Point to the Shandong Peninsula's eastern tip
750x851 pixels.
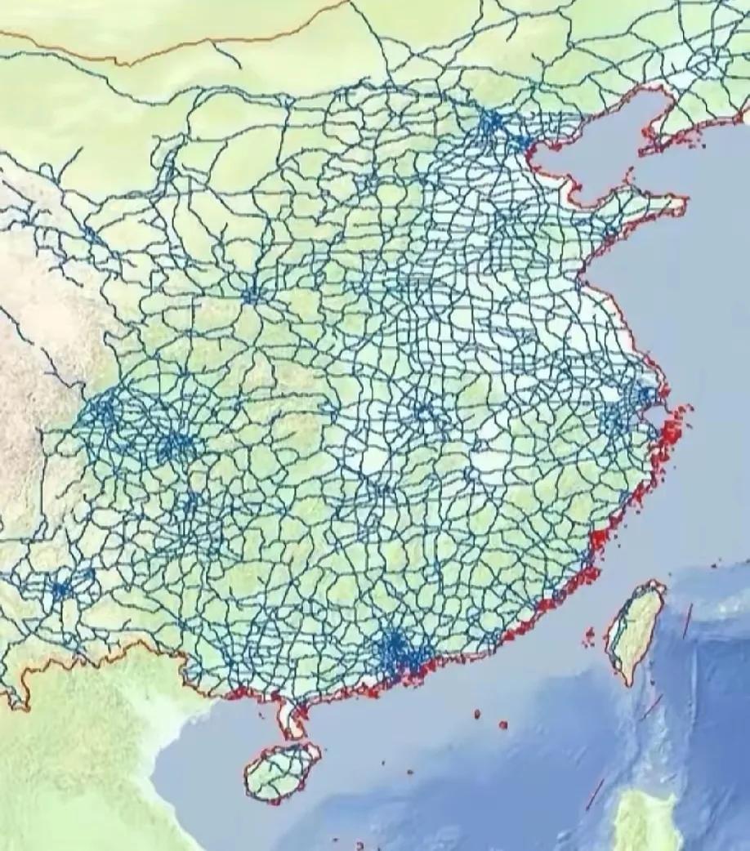tap(680, 204)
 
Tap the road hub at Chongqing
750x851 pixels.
tap(173, 445)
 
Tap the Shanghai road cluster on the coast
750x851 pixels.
tap(645, 397)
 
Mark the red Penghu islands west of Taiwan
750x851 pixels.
tap(589, 635)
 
